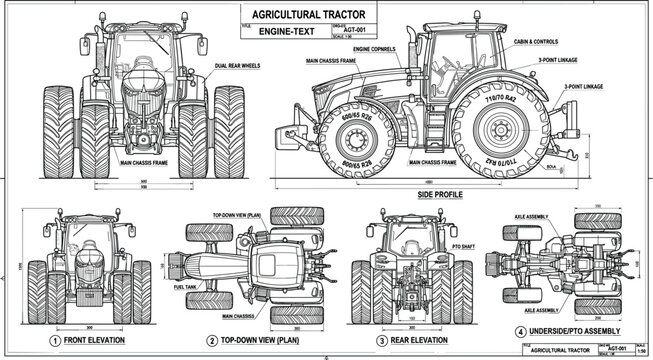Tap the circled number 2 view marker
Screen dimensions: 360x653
point(212,340)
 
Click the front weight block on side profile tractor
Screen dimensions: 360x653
point(302,133)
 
